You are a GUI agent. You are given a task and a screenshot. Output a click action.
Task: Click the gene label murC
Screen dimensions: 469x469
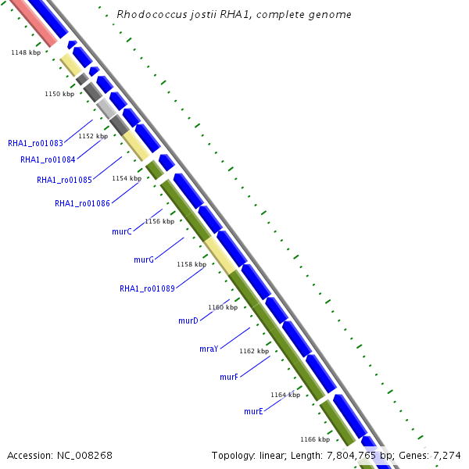tap(122, 231)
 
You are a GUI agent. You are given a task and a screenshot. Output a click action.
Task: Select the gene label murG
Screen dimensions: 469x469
tap(144, 260)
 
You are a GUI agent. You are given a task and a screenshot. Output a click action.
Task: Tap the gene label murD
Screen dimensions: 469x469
tap(188, 320)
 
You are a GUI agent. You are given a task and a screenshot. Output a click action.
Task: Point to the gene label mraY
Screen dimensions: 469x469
tap(209, 349)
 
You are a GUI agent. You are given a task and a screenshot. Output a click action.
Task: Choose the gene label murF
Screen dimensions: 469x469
tap(229, 377)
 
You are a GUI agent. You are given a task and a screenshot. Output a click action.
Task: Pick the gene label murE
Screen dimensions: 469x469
tap(253, 411)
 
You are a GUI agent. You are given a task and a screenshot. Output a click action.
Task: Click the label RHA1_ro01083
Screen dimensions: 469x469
tap(35, 143)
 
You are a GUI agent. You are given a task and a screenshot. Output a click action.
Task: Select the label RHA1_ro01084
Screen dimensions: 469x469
tap(48, 159)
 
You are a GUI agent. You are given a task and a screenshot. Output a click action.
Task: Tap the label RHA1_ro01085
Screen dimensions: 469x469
tap(64, 180)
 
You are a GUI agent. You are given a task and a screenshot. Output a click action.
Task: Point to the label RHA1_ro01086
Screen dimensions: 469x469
tap(82, 203)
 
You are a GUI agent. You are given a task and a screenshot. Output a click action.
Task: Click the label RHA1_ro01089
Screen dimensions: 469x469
tap(147, 288)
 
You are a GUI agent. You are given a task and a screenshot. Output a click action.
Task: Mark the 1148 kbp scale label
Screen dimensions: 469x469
tap(25, 52)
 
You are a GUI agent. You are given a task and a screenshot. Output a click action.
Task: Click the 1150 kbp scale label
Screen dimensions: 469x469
tap(59, 94)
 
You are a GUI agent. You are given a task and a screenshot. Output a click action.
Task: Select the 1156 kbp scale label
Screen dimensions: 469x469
tap(159, 221)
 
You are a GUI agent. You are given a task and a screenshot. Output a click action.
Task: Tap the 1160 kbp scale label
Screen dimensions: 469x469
tap(223, 307)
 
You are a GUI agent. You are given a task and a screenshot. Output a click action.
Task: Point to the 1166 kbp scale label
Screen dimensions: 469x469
tap(315, 439)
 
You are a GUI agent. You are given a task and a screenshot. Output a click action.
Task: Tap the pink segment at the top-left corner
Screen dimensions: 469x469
tap(32, 20)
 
